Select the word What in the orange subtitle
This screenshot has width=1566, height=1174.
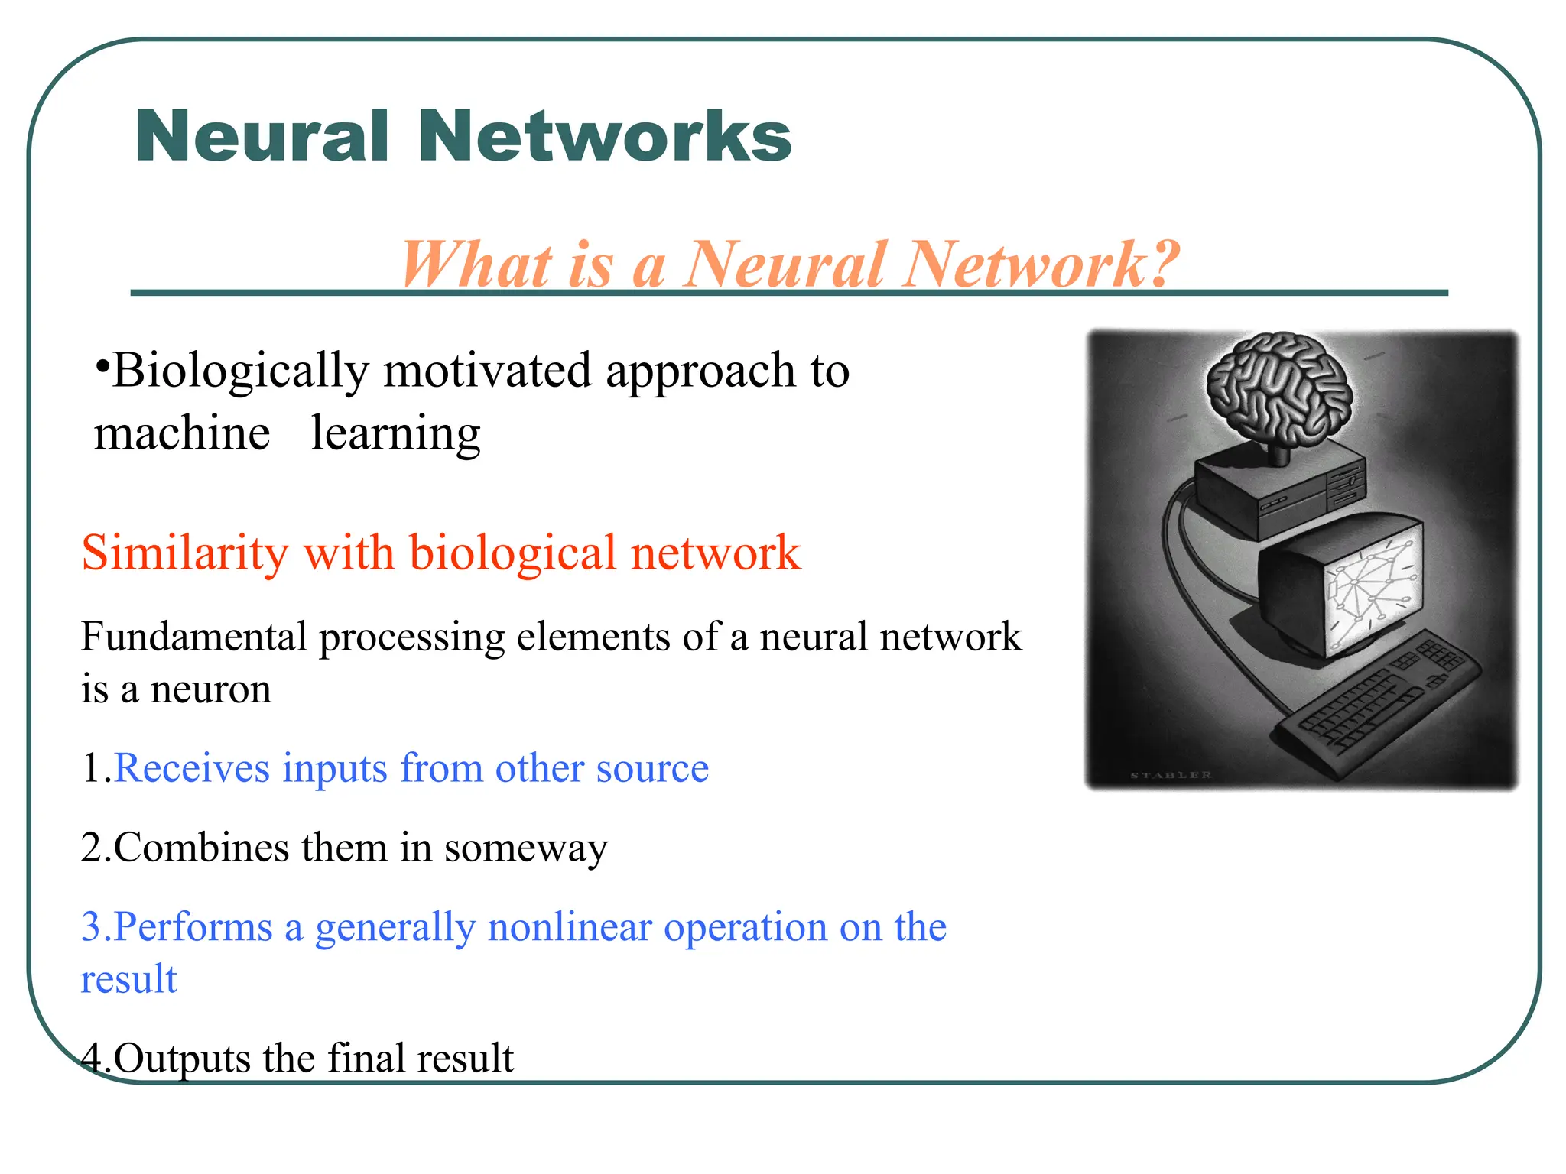coord(476,264)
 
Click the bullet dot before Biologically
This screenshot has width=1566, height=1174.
coord(102,365)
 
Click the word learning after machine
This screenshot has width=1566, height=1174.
coord(395,434)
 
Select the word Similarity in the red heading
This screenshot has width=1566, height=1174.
coord(184,553)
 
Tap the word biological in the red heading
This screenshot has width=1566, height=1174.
coord(512,553)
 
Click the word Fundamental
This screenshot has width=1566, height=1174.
coord(193,637)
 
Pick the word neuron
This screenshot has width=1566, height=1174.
coord(210,689)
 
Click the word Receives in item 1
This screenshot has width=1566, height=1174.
coord(191,769)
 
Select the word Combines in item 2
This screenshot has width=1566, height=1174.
coord(202,848)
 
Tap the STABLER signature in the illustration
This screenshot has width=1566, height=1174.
coord(1171,775)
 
